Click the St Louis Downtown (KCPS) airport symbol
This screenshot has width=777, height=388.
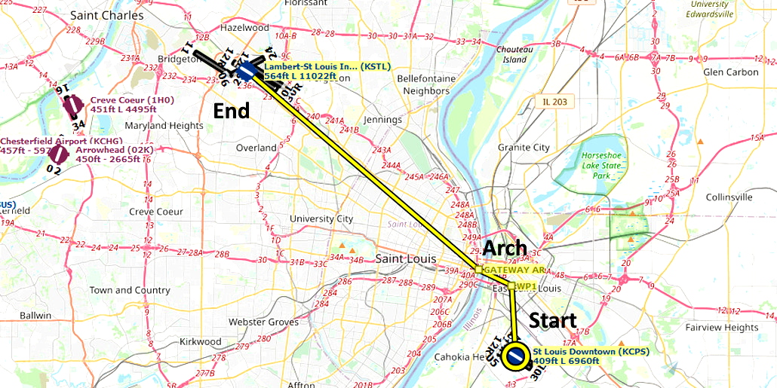pos(516,357)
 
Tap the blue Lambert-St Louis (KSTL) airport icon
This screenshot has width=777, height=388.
pos(247,72)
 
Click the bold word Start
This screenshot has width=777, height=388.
pos(552,319)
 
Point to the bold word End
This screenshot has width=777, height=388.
pos(232,111)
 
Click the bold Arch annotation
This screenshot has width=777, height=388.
pos(505,248)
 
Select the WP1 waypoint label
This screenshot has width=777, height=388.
pos(525,286)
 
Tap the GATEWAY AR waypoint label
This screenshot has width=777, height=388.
pos(512,270)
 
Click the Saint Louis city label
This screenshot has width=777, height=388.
pos(405,259)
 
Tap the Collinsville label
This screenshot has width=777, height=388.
pos(729,197)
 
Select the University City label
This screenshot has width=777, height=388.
pos(321,219)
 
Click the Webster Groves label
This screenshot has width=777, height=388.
pos(263,322)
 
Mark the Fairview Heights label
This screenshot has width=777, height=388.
pos(722,328)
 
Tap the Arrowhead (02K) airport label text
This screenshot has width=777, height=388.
pos(113,159)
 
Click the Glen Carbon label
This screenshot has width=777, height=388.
pos(730,72)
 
